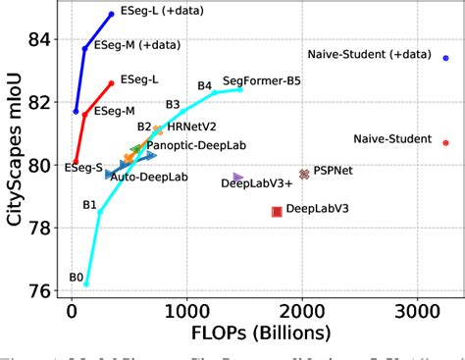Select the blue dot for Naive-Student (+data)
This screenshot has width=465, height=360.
445,58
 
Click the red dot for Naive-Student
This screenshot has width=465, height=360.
445,142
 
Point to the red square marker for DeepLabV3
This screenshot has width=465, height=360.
277,211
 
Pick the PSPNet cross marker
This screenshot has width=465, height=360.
304,174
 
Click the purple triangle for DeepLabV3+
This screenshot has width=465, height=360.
238,178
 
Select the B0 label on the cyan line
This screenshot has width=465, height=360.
76,278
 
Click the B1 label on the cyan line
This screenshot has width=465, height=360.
89,205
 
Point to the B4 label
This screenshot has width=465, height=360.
204,86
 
